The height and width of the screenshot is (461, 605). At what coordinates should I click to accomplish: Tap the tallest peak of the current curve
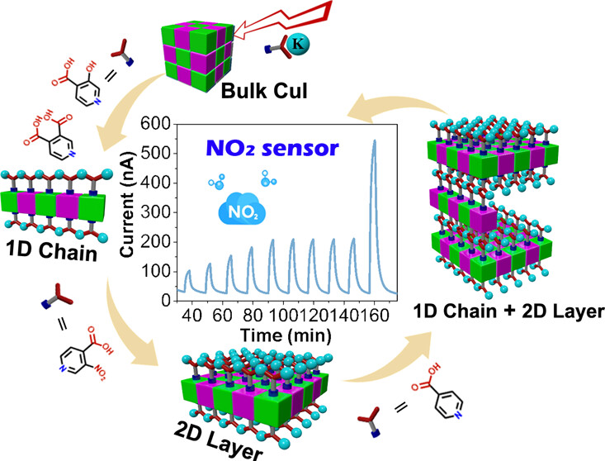[375, 141]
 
